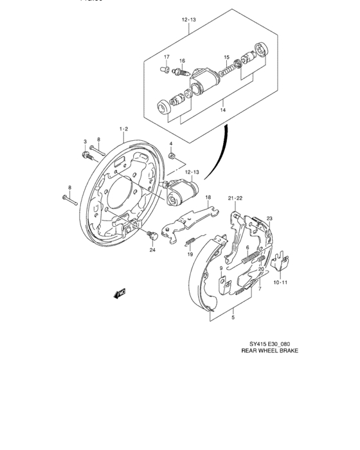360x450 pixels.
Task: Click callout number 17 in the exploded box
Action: (x=165, y=57)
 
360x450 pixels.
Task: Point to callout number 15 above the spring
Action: (x=226, y=57)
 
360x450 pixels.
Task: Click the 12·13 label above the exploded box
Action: (x=188, y=20)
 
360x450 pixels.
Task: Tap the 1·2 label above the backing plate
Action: (x=122, y=129)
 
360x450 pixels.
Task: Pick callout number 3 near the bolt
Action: (x=84, y=141)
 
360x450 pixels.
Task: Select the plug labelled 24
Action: (x=152, y=235)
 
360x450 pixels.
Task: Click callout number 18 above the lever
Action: (x=208, y=205)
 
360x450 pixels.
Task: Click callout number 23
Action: (x=270, y=218)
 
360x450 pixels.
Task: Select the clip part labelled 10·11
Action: (x=279, y=262)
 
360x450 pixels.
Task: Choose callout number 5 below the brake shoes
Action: (x=233, y=316)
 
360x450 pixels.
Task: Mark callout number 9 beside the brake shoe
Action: (x=221, y=268)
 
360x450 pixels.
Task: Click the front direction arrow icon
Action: (x=118, y=294)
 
